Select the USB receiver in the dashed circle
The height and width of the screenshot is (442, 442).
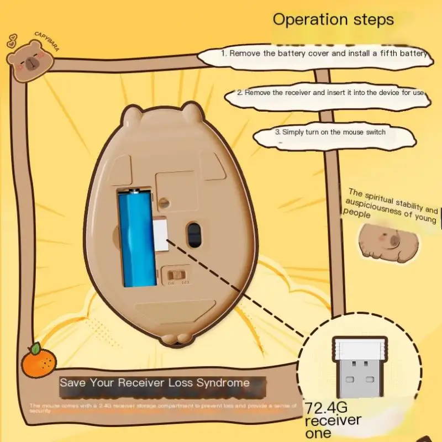359,367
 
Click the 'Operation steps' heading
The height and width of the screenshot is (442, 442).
333,20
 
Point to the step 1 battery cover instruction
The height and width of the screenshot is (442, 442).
324,54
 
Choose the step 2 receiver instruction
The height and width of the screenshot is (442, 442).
330,93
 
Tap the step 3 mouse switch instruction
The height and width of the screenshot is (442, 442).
330,133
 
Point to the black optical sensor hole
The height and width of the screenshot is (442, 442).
194,234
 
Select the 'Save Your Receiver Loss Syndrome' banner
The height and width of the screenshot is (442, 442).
155,382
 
